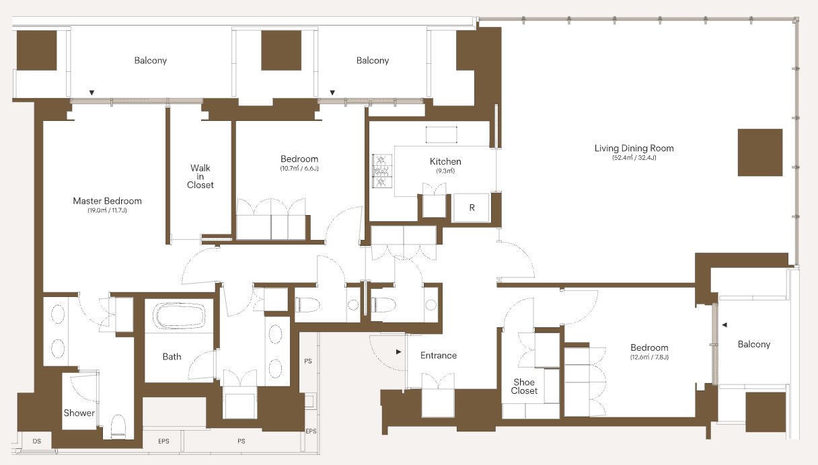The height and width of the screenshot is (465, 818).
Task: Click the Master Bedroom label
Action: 107,201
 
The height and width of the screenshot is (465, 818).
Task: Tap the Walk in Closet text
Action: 200,177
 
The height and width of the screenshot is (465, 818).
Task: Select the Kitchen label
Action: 445,161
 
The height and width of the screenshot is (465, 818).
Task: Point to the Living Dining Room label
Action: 634,149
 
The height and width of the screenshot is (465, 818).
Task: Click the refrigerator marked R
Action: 472,208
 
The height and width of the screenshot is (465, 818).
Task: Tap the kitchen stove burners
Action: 382,171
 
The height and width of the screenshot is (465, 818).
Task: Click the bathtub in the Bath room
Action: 179,316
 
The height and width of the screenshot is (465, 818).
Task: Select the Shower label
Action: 79,413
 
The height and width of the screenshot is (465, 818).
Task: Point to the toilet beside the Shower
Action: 118,426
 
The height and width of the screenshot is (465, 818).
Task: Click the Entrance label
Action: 438,355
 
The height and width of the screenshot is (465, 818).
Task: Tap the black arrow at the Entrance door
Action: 398,352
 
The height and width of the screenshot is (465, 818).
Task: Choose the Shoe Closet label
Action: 524,386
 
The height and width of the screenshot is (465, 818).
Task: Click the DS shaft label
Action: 36,441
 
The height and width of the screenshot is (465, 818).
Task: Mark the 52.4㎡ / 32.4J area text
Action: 634,158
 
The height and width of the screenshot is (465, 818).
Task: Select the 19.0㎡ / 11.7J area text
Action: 107,210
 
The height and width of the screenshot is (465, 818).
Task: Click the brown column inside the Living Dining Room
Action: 760,153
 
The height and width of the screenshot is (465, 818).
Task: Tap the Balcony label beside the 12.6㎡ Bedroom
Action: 753,345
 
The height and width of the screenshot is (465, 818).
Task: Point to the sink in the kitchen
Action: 441,134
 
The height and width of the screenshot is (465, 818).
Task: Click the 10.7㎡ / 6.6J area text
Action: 299,169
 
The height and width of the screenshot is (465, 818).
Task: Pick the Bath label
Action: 172,357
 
